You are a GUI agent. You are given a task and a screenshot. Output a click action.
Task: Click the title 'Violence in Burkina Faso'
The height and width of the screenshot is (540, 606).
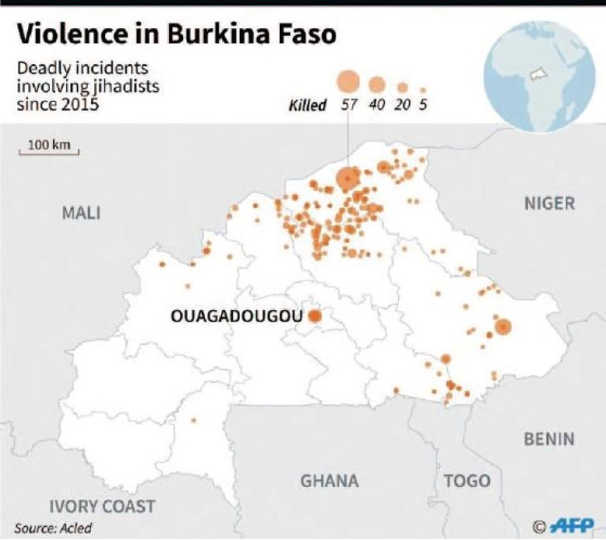point(176,35)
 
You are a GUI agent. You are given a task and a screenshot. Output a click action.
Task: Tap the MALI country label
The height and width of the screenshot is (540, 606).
point(81,213)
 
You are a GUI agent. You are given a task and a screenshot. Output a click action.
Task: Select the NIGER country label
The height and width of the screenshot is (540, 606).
point(549,204)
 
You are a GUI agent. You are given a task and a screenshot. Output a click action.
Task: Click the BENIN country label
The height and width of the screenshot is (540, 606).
point(548,439)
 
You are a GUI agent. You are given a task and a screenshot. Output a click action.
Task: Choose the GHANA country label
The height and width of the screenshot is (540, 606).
point(329,480)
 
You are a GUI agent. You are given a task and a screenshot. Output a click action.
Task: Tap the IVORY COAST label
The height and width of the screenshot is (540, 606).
point(102,506)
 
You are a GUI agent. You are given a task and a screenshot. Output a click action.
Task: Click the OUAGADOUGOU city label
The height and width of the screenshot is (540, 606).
point(236,316)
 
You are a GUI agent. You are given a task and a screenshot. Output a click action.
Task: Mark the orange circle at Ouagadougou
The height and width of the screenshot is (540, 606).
point(315,316)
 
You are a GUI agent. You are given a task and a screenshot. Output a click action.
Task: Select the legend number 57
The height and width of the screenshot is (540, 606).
point(348,105)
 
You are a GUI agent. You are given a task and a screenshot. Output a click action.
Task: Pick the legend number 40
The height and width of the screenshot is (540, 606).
point(377,105)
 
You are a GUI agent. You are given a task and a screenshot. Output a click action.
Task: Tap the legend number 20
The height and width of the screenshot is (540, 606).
point(402,105)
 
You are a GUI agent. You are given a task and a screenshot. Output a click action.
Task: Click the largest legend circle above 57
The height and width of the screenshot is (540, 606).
point(348,81)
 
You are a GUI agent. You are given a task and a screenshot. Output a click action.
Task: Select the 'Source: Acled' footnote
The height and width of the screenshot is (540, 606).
point(53,528)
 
